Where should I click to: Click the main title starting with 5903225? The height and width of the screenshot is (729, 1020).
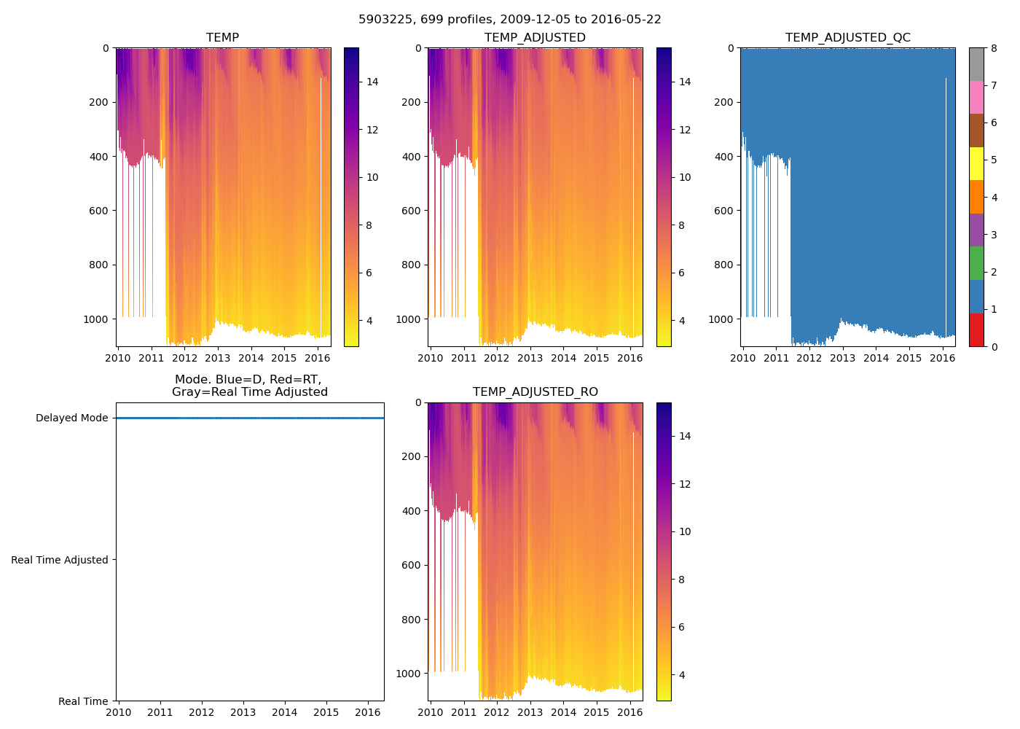pyautogui.click(x=509, y=20)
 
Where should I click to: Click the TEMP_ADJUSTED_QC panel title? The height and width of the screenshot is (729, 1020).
pyautogui.click(x=847, y=38)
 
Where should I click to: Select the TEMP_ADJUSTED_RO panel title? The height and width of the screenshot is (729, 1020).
pyautogui.click(x=535, y=392)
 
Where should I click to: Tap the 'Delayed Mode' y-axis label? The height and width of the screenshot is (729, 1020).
pyautogui.click(x=71, y=418)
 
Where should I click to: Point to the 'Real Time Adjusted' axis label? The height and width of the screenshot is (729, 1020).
pyautogui.click(x=60, y=560)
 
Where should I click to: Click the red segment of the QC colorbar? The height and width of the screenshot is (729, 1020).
pyautogui.click(x=976, y=330)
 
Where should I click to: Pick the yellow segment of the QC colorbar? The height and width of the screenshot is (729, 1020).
pyautogui.click(x=976, y=163)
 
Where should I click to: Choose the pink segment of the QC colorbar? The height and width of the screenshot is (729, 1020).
pyautogui.click(x=976, y=97)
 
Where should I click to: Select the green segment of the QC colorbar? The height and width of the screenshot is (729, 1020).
pyautogui.click(x=976, y=263)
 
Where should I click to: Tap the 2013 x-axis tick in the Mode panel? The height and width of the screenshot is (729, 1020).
pyautogui.click(x=243, y=712)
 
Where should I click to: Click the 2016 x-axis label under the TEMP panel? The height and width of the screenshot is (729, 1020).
pyautogui.click(x=317, y=358)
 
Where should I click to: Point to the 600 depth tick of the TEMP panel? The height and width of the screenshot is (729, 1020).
pyautogui.click(x=100, y=211)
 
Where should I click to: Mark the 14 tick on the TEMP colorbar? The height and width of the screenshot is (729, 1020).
pyautogui.click(x=372, y=82)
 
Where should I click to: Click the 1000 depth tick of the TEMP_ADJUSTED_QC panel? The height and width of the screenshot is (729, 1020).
pyautogui.click(x=720, y=319)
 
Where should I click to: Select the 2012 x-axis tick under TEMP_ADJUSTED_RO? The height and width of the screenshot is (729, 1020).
pyautogui.click(x=497, y=712)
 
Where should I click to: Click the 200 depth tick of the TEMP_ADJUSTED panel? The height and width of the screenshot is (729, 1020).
pyautogui.click(x=412, y=102)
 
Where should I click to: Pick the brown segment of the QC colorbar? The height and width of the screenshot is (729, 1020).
pyautogui.click(x=976, y=130)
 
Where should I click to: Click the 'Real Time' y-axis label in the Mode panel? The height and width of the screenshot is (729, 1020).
pyautogui.click(x=83, y=701)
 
